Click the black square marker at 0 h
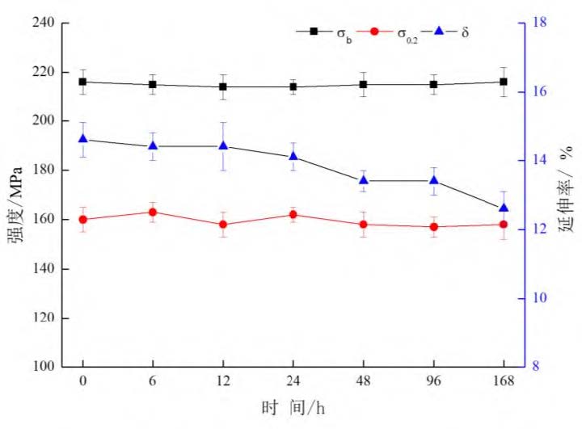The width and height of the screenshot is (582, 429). tap(82, 82)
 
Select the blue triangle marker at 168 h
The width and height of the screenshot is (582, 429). tap(504, 208)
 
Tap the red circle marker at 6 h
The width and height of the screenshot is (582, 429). tap(153, 212)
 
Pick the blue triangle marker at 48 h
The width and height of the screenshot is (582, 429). tap(364, 180)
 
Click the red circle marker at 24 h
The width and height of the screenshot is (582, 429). tap(293, 214)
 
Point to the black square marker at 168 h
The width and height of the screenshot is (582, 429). tap(504, 82)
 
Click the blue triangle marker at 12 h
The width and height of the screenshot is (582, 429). tap(223, 146)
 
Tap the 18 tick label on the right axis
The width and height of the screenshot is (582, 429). tap(541, 23)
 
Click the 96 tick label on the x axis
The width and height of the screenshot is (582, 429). tap(433, 382)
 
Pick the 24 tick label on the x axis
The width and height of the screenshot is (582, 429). tap(293, 382)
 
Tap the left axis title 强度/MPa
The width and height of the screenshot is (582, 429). tap(15, 195)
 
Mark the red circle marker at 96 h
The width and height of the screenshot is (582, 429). tap(433, 227)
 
